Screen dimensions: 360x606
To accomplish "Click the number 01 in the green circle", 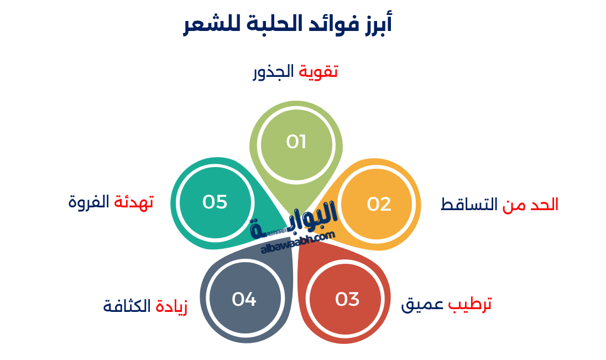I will tap(296, 142).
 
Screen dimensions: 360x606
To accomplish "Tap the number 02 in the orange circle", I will tap(379, 204).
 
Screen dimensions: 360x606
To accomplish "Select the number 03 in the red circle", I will tap(347, 299).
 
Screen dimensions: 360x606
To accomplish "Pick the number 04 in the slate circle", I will tap(244, 299).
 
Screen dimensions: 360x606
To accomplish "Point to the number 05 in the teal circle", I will tap(215, 202).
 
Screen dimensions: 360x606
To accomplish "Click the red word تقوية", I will tap(318, 72).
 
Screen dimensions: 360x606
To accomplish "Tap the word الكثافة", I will tap(127, 305).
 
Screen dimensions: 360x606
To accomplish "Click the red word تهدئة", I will tap(133, 202).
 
